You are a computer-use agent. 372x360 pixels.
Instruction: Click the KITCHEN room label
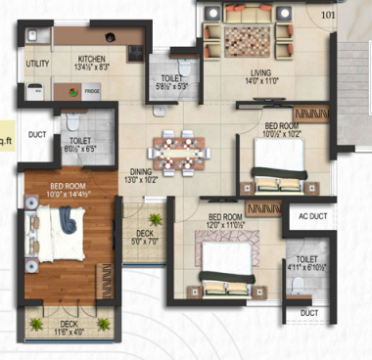[93, 59]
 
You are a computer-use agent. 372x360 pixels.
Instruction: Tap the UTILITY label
[37, 64]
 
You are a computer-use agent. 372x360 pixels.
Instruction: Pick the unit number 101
[327, 15]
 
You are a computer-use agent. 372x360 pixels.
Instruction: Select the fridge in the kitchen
[90, 91]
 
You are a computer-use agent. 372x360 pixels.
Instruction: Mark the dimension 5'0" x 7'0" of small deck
[146, 240]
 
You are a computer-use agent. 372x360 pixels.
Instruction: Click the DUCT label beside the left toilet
[37, 134]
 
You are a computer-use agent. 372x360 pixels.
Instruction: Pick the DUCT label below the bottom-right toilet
[309, 313]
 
